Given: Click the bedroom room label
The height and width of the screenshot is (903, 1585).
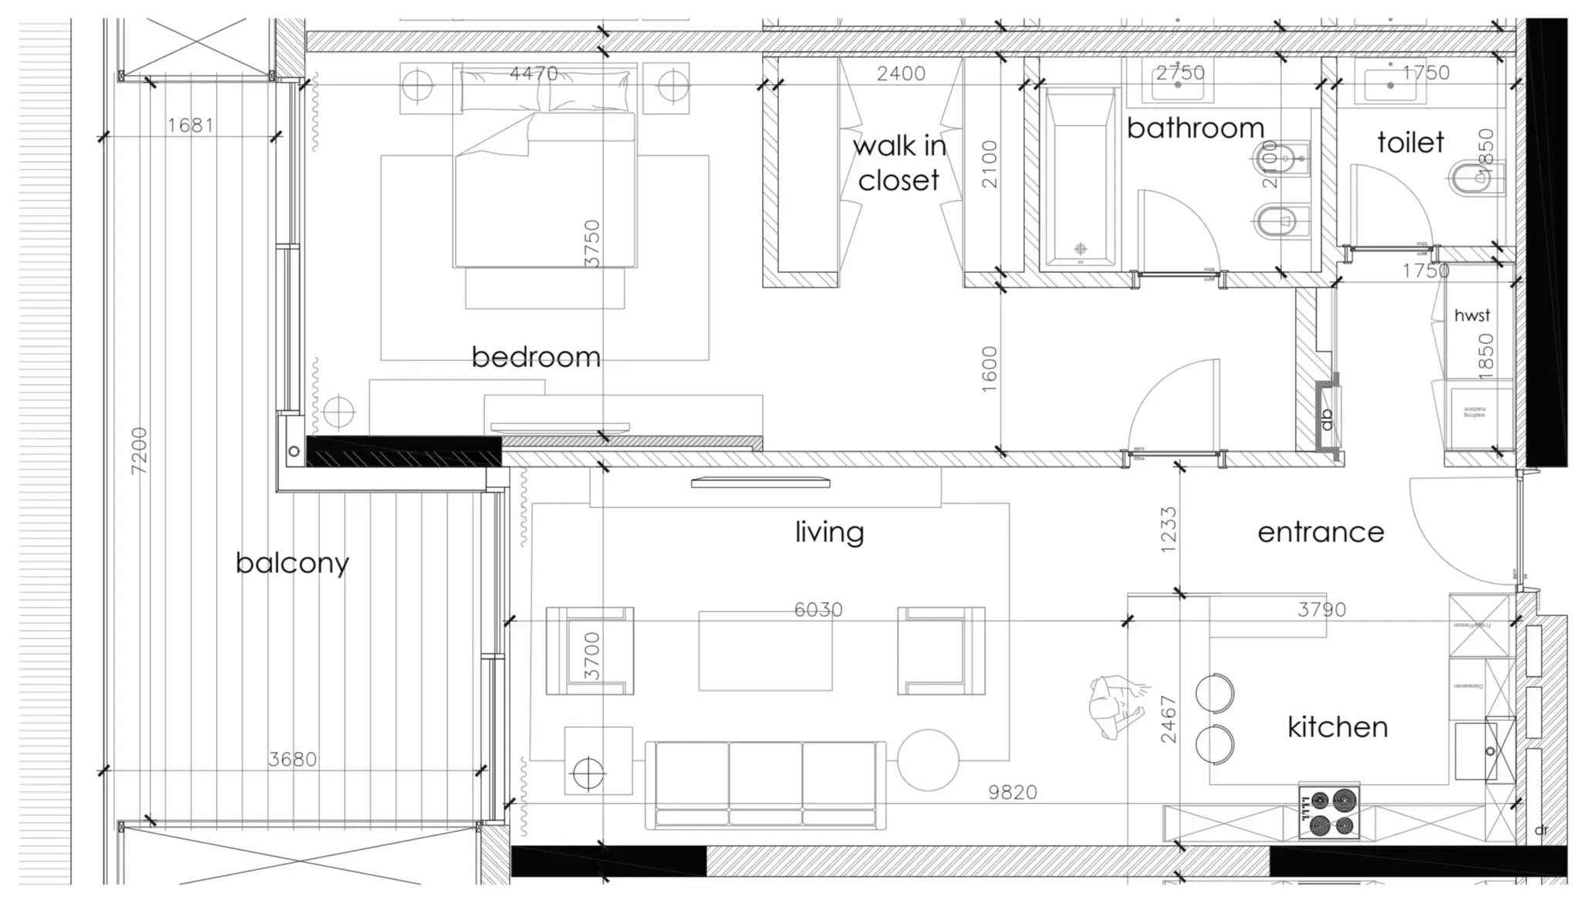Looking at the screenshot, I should click(x=536, y=357).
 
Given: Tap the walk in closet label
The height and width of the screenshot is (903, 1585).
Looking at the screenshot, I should click(x=899, y=163).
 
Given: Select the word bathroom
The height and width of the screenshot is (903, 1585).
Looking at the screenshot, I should click(x=1195, y=128).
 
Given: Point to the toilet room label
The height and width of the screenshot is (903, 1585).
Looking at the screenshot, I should click(x=1410, y=143).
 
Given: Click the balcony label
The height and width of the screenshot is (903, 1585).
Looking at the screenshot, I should click(x=292, y=563).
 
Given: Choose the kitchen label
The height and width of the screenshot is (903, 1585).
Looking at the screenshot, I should click(x=1337, y=727).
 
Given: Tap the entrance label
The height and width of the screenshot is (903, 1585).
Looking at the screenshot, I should click(x=1320, y=532).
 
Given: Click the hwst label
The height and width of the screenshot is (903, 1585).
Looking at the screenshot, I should click(x=1472, y=315).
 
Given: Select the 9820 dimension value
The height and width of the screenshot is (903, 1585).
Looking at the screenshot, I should click(x=1013, y=793).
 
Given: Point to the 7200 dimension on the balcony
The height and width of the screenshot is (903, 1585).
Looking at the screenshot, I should click(x=139, y=450).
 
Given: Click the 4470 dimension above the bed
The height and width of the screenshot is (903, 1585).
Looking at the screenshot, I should click(x=534, y=73).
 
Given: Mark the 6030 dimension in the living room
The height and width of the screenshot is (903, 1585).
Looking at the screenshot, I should click(x=818, y=610).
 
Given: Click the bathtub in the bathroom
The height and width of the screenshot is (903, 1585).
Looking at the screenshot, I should click(x=1079, y=179).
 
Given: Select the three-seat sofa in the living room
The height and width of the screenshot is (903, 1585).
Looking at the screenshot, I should click(x=765, y=785).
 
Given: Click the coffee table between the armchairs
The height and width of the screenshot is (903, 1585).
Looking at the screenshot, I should click(x=765, y=651).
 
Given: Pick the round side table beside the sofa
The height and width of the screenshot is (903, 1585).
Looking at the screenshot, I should click(x=928, y=760).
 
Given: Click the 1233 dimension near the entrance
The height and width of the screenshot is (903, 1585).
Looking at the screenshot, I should click(x=1169, y=529).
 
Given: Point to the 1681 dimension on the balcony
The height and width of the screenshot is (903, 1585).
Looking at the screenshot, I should click(x=191, y=125).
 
